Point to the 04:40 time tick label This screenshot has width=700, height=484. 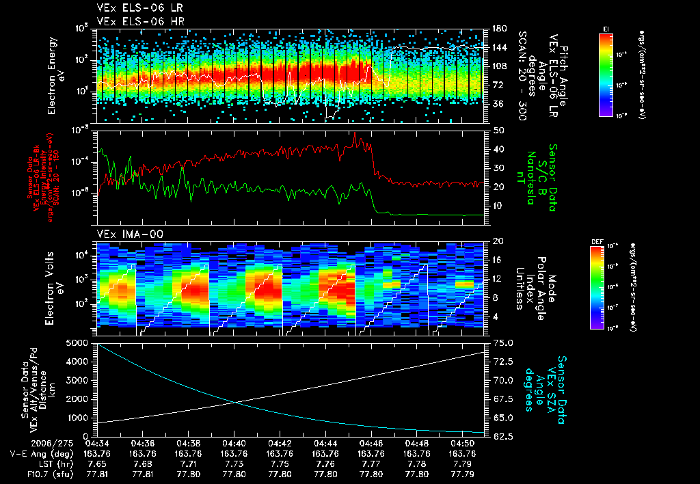(234, 444)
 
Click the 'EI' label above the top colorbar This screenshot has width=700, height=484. (606, 28)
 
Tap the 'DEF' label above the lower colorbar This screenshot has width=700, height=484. (596, 241)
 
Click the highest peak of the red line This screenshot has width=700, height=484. (354, 133)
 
